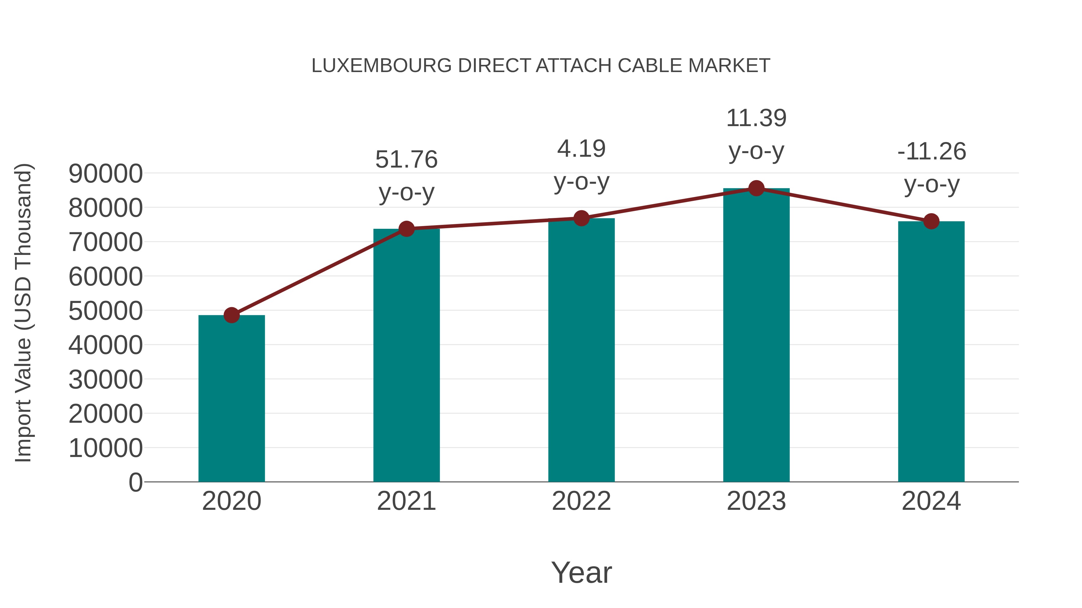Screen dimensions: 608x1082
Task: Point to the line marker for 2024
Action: (x=931, y=221)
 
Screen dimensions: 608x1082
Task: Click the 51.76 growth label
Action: (x=406, y=160)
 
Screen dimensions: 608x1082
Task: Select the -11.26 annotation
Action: (x=931, y=152)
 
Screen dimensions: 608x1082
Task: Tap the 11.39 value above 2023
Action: (x=756, y=118)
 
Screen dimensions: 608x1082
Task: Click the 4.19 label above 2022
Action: (x=581, y=149)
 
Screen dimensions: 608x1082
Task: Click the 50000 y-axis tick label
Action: (x=105, y=311)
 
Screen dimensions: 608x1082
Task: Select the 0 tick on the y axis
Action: (x=135, y=482)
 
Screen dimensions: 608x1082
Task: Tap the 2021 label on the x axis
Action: (x=406, y=501)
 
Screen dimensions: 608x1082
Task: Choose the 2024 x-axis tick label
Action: (x=931, y=501)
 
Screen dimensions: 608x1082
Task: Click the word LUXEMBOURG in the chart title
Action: (x=381, y=66)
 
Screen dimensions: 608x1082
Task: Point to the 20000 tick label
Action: (x=105, y=414)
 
